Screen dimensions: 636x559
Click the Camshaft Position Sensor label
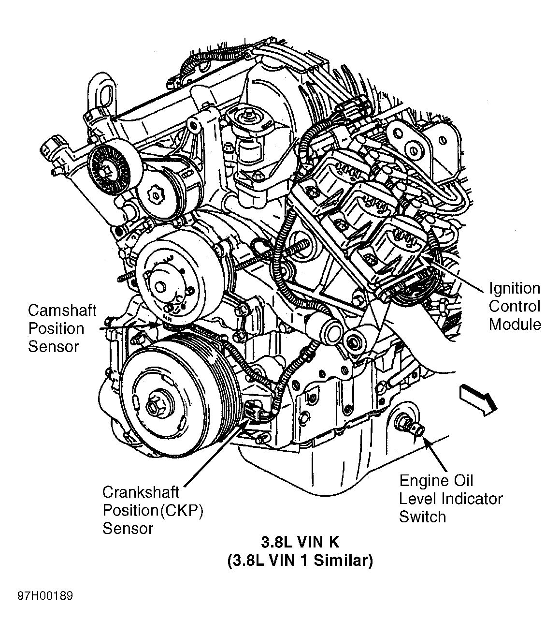click(x=62, y=328)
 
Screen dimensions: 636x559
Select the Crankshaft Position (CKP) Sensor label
click(x=152, y=510)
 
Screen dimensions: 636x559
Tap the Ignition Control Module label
click(x=515, y=306)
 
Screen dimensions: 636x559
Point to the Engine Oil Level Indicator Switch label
click(x=450, y=499)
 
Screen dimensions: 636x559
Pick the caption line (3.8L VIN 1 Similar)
click(x=300, y=561)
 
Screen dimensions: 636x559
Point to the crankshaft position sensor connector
click(x=254, y=412)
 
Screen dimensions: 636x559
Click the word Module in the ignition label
click(x=515, y=325)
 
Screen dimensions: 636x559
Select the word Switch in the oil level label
click(x=422, y=517)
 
